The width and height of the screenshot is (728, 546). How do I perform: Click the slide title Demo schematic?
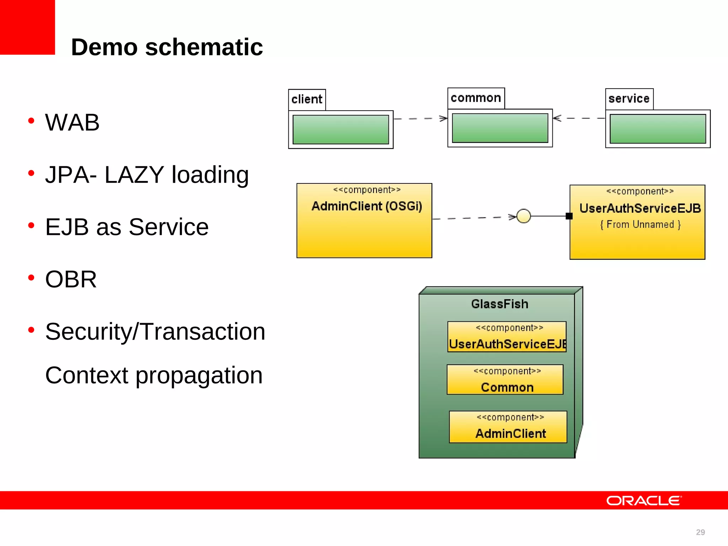[x=167, y=47]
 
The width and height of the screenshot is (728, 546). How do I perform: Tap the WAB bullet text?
[x=72, y=123]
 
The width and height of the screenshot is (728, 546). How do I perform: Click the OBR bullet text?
[x=71, y=279]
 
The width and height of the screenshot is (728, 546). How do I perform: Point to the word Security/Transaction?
[x=155, y=332]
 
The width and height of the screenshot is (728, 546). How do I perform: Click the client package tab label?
[x=307, y=100]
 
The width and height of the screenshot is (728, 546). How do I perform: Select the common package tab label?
[x=476, y=98]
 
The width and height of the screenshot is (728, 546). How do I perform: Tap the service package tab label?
[x=629, y=99]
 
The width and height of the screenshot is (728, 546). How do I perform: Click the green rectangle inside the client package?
[x=341, y=129]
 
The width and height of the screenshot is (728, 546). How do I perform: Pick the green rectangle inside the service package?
[x=658, y=129]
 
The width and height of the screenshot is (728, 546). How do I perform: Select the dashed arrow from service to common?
[x=579, y=118]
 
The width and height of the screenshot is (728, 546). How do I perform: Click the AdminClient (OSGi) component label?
[x=366, y=206]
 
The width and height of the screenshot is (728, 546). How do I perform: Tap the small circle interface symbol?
[x=524, y=216]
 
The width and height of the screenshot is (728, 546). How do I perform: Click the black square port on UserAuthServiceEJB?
[x=569, y=216]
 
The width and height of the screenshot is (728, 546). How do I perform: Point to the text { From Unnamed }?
[x=640, y=225]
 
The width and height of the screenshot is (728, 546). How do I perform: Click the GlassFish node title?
[x=499, y=304]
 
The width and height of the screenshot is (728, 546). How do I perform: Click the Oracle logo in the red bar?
[x=644, y=501]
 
